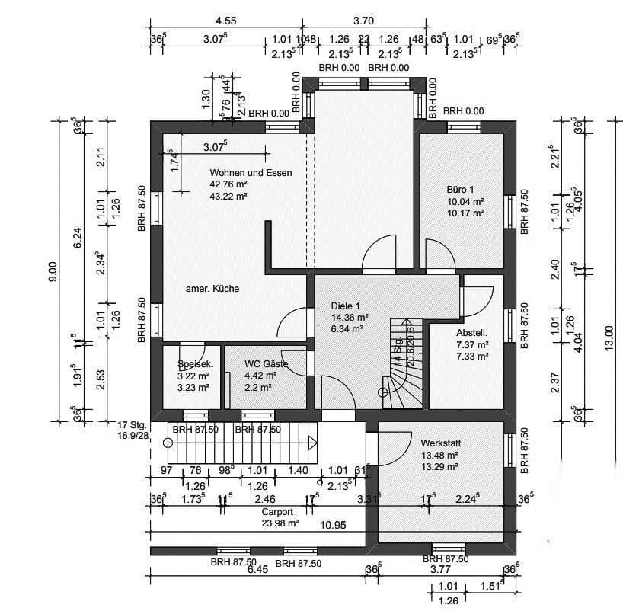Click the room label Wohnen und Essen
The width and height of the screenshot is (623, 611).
click(x=251, y=173)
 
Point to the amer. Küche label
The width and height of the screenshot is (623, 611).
click(x=213, y=289)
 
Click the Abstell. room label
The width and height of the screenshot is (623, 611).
click(x=471, y=334)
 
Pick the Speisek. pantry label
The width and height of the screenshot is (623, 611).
click(x=196, y=365)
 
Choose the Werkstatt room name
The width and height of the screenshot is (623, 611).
click(x=441, y=443)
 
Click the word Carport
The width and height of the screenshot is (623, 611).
click(x=278, y=513)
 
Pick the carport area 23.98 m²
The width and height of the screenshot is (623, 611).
click(x=279, y=523)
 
